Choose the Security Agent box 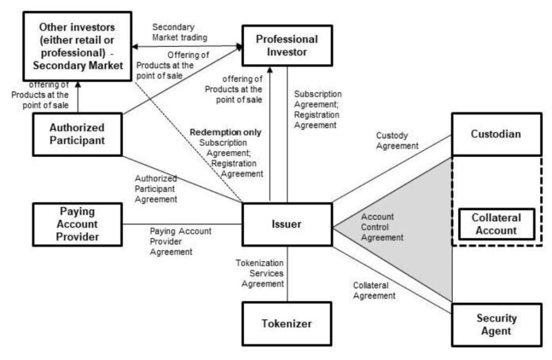[495, 325]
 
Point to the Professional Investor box [288, 47]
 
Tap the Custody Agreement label [398, 141]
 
